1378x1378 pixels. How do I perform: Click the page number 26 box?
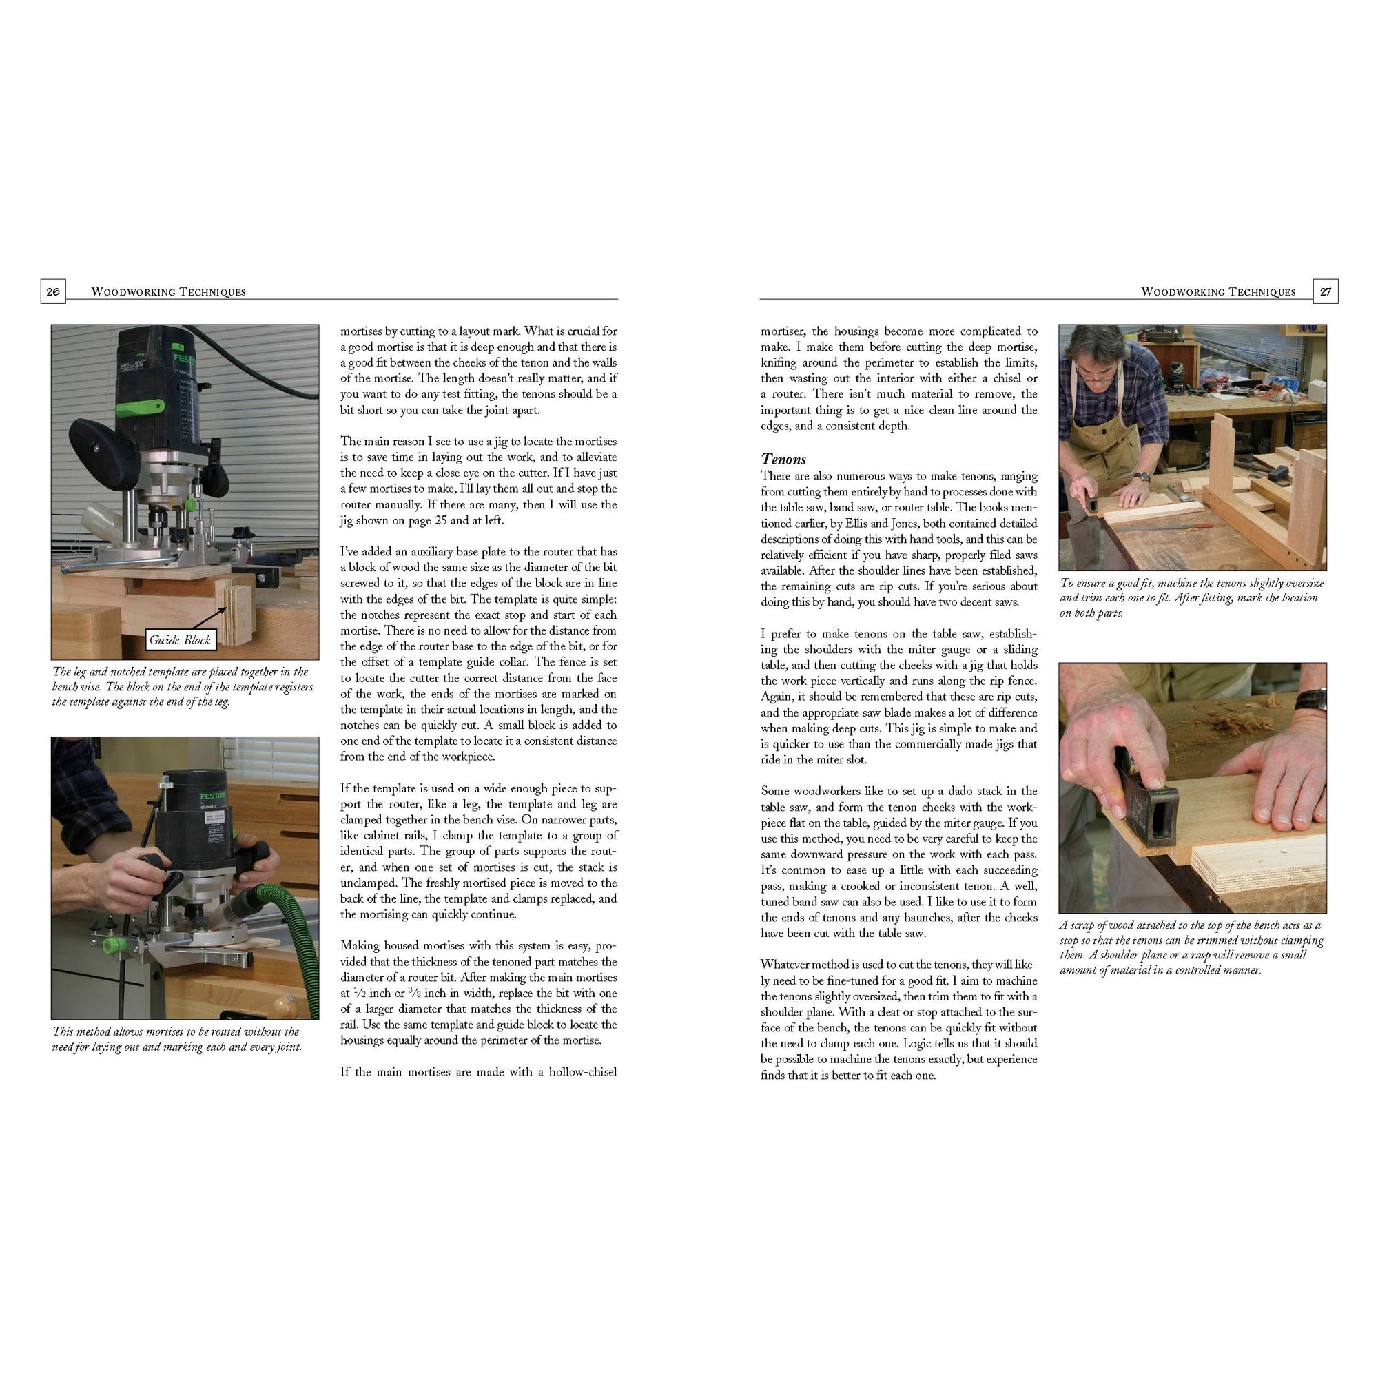tap(53, 291)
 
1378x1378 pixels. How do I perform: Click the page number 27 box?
tap(1325, 291)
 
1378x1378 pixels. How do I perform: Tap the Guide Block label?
tap(180, 640)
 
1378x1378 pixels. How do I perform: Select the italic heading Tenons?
tap(783, 459)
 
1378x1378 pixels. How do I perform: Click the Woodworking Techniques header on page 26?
tap(168, 291)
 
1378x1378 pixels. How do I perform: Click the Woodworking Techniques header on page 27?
tap(1218, 291)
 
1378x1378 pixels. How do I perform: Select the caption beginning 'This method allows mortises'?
tap(177, 1039)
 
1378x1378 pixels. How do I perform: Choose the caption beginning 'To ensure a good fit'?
tap(1191, 597)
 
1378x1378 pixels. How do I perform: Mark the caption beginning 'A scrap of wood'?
tap(1191, 947)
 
